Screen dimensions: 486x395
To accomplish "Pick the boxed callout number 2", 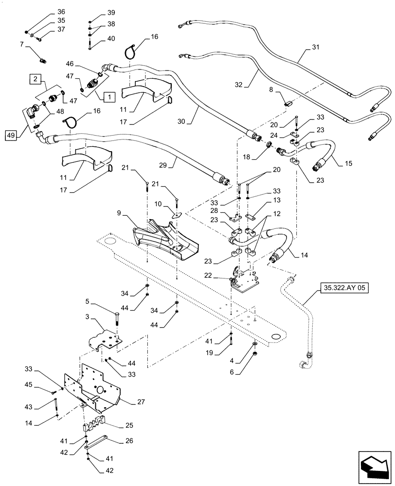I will [36, 78].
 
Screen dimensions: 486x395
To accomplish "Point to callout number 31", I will [315, 47].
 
